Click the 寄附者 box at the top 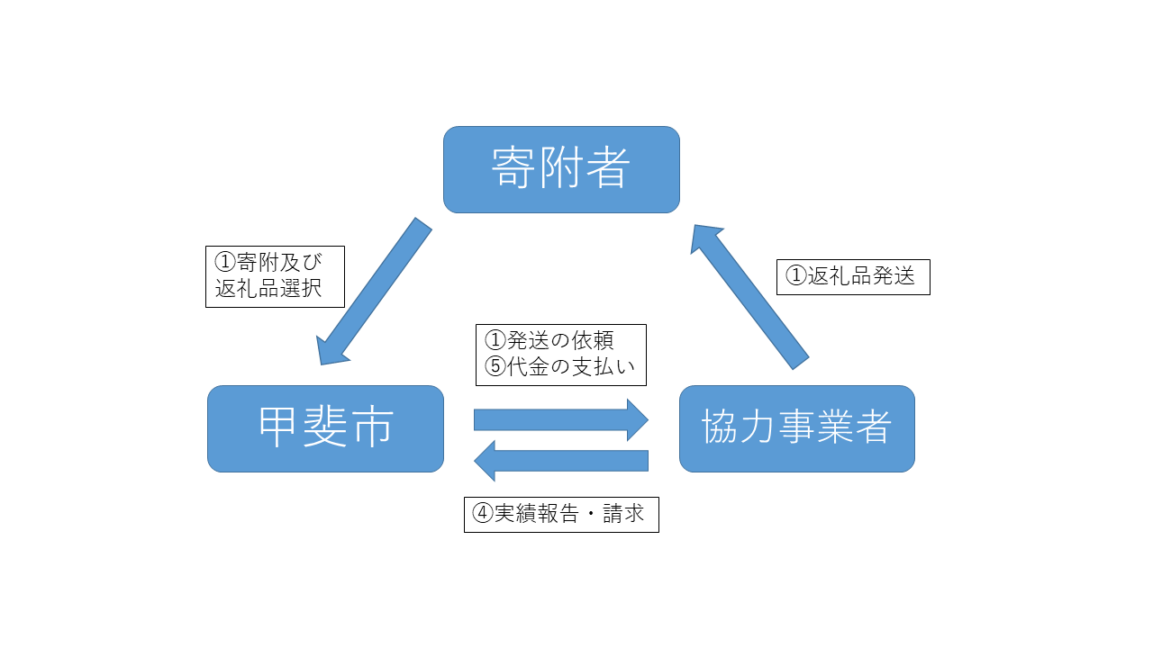561,169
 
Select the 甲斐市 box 325,428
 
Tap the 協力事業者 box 796,428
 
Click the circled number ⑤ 495,366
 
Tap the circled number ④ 483,514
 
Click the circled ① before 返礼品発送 795,276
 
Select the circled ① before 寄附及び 224,262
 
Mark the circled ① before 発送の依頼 495,340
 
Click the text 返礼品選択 268,290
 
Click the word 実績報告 536,514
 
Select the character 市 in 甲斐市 371,428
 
